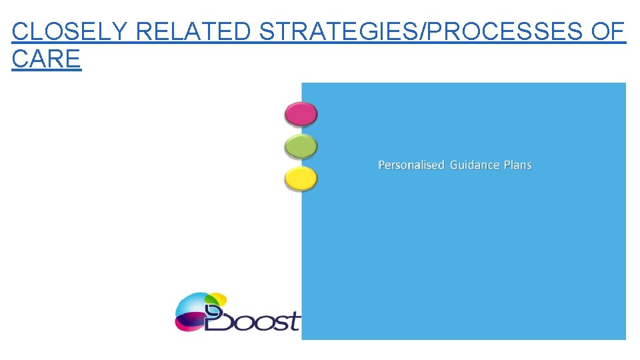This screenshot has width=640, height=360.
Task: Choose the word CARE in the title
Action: pos(46,59)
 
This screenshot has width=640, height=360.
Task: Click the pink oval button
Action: pos(301,114)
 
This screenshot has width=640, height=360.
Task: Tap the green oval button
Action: pos(301,146)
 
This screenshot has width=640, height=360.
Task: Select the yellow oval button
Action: pos(301,179)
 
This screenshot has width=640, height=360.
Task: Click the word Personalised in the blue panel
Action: pos(411,165)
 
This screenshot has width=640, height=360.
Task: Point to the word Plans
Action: pos(517,165)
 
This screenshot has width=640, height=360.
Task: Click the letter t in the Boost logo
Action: pos(294,321)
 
